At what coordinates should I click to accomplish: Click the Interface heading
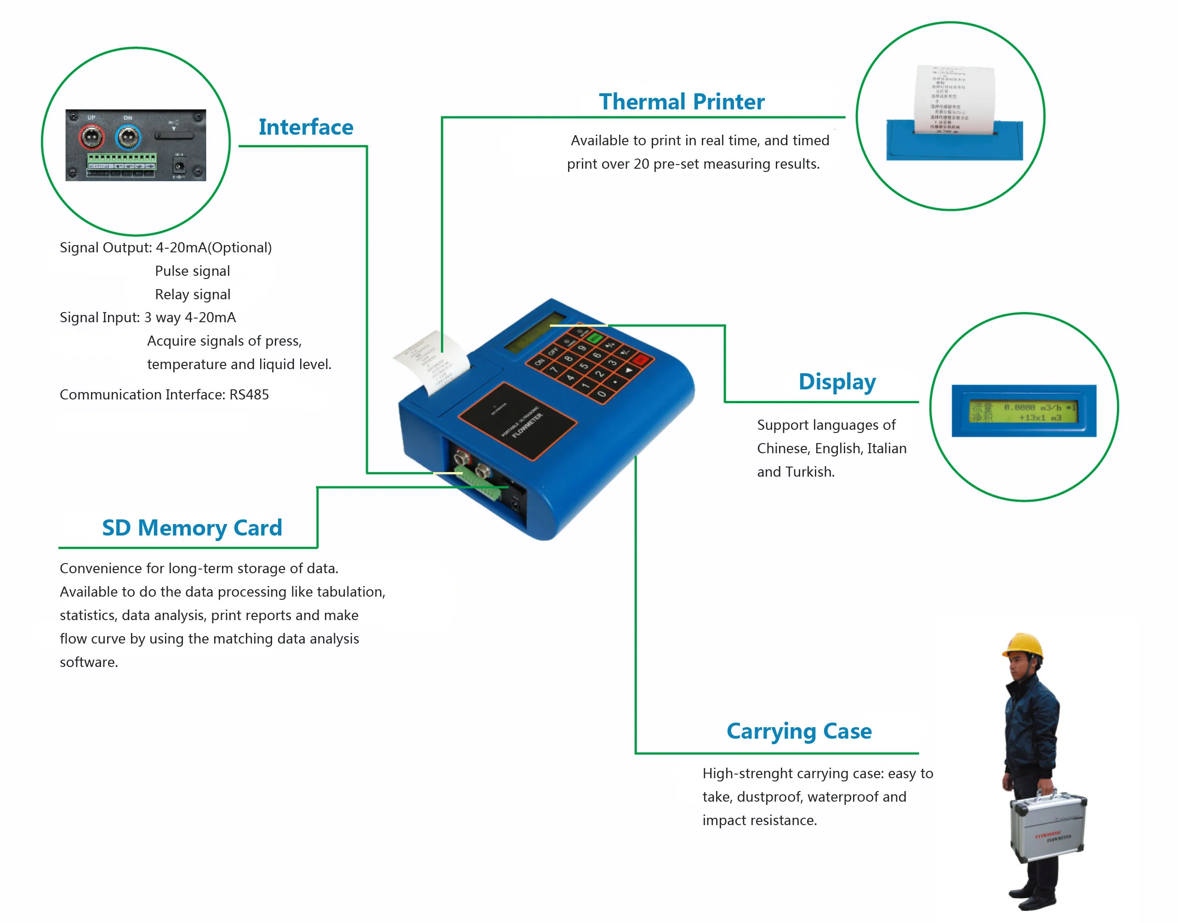point(305,127)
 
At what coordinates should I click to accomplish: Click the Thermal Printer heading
point(682,102)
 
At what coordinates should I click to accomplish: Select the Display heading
point(837,382)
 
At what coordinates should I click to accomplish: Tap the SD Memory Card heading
point(192,528)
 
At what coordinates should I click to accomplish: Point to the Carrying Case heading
point(799,731)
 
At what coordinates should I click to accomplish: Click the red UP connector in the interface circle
point(91,138)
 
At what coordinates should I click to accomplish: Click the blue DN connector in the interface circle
point(128,138)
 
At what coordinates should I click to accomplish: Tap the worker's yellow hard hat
point(1023,645)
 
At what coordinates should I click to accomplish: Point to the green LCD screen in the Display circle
point(1023,412)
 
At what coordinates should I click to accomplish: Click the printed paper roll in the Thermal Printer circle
point(954,100)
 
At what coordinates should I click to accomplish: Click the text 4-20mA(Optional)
point(213,248)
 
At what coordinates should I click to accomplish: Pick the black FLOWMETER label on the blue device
point(517,421)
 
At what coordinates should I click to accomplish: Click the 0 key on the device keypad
point(602,394)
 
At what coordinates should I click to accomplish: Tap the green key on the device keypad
point(594,338)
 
